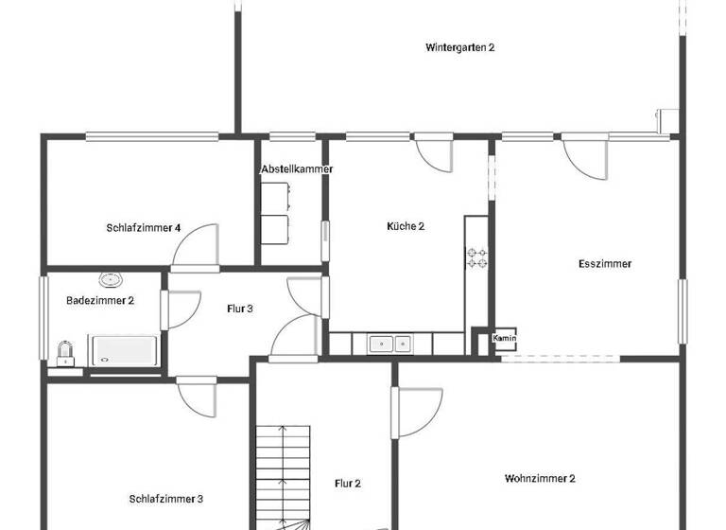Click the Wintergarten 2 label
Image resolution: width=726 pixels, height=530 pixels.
(x=459, y=46)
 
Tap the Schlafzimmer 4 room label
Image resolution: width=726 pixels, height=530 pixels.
(x=144, y=227)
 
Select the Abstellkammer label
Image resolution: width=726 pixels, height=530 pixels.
(x=296, y=169)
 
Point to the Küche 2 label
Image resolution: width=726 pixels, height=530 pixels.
(x=406, y=226)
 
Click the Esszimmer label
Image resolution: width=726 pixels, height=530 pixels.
(x=604, y=264)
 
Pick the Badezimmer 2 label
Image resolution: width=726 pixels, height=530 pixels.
(x=100, y=301)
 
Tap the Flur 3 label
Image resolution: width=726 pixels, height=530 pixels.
(x=240, y=309)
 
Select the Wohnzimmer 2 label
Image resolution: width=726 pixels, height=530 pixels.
(x=540, y=479)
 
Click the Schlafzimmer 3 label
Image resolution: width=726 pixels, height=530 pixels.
(x=166, y=499)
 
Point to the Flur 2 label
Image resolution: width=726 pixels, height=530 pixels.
(x=348, y=484)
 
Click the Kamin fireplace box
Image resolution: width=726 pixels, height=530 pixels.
(x=504, y=339)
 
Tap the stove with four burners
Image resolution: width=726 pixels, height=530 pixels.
(x=476, y=258)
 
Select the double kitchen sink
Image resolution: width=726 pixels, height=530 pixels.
(x=389, y=344)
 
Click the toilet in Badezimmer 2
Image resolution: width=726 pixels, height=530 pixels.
(x=65, y=353)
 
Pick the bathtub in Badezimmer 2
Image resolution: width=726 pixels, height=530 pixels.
(x=125, y=349)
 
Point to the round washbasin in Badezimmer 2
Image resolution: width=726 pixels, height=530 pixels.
(x=112, y=280)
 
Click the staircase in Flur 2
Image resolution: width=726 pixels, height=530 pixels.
(x=284, y=473)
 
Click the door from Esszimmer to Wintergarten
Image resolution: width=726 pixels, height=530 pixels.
(x=584, y=156)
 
